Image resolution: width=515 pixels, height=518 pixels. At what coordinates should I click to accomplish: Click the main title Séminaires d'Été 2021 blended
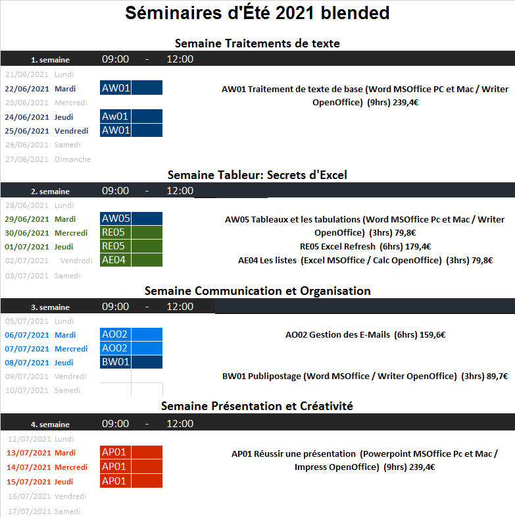[257, 13]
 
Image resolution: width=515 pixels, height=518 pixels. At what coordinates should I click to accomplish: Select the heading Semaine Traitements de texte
[257, 43]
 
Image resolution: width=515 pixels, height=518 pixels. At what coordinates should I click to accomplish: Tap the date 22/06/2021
[27, 89]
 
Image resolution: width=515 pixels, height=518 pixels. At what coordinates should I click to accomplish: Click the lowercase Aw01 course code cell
[116, 117]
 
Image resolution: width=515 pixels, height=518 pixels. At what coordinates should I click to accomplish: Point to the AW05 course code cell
[116, 219]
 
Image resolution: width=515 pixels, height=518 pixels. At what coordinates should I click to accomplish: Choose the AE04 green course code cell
[116, 260]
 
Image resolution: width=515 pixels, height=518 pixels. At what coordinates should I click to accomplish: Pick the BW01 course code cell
[116, 362]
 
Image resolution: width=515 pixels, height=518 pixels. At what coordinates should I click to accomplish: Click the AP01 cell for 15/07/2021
[116, 481]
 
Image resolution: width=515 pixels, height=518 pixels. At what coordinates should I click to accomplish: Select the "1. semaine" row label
[50, 60]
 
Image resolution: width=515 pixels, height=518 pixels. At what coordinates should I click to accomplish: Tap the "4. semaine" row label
[50, 425]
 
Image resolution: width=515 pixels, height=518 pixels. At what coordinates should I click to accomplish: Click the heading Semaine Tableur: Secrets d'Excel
[257, 175]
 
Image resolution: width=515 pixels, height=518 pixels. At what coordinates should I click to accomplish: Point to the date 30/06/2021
[27, 233]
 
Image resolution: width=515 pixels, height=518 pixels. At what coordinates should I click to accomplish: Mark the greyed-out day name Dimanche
[72, 159]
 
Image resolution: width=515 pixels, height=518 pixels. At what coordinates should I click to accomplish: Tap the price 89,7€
[497, 376]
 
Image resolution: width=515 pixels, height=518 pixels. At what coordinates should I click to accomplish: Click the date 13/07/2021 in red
[29, 453]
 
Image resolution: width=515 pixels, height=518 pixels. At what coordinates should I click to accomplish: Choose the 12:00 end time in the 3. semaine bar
[180, 307]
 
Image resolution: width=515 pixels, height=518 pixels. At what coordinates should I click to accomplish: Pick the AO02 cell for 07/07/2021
[116, 348]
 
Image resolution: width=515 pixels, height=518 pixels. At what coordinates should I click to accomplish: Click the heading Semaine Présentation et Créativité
[257, 406]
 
